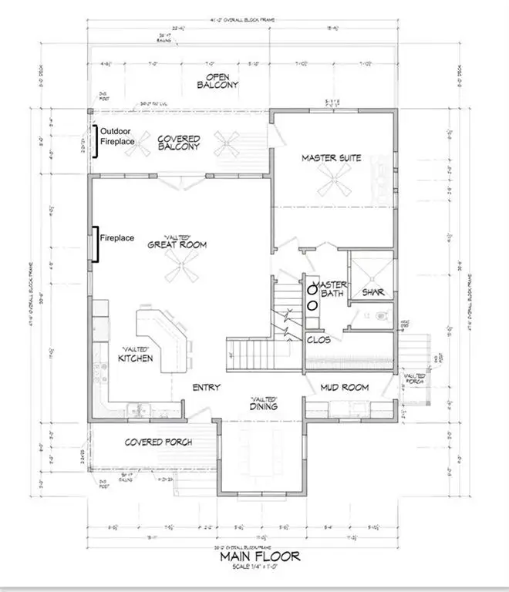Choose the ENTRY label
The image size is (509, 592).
pos(207,387)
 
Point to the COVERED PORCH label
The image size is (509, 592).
pos(158,442)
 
